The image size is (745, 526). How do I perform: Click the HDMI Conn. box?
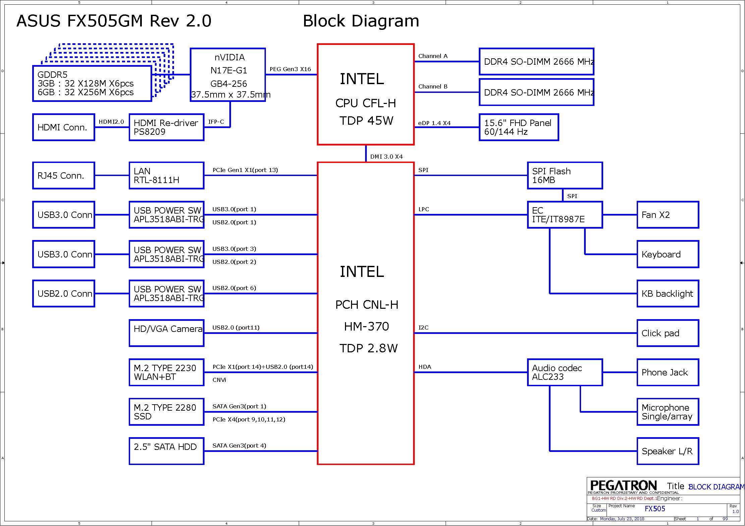click(64, 127)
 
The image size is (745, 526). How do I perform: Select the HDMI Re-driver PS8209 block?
click(166, 127)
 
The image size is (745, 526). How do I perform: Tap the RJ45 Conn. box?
click(64, 176)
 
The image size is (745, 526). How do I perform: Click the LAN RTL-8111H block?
click(166, 176)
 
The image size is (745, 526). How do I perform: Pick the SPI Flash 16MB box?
click(565, 176)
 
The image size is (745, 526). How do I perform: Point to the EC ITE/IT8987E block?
click(565, 215)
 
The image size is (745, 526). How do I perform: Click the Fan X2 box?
click(668, 215)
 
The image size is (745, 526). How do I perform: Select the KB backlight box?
click(668, 294)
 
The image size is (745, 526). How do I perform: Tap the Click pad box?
click(668, 333)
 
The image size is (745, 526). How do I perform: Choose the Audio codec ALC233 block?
click(565, 372)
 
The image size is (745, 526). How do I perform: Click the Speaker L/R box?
click(668, 451)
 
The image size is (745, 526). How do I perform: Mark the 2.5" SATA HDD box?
click(166, 451)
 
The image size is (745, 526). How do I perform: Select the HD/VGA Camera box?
click(166, 333)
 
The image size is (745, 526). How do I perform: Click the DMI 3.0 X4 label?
click(386, 157)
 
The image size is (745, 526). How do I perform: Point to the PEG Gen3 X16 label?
click(290, 69)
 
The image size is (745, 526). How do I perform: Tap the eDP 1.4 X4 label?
click(434, 123)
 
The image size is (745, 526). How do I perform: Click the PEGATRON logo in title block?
click(623, 486)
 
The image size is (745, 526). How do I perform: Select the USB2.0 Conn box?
click(64, 294)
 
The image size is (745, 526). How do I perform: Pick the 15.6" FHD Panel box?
click(519, 127)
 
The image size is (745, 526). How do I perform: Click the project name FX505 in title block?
click(654, 509)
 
